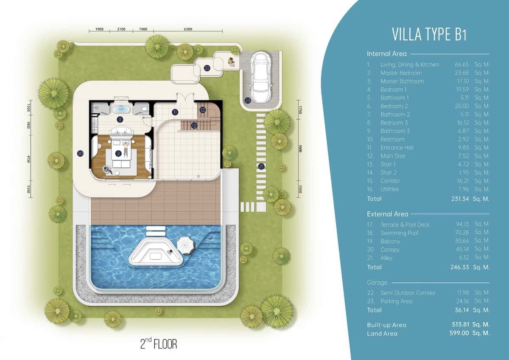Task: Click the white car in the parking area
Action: click(x=260, y=78)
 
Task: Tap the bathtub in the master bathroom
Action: click(x=120, y=109)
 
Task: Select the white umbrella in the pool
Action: click(x=186, y=245)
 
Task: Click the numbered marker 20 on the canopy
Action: click(x=80, y=154)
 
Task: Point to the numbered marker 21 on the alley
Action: click(x=262, y=166)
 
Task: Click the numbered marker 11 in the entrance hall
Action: click(x=175, y=112)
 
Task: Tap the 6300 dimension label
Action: click(x=188, y=29)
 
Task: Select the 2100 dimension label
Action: click(x=121, y=29)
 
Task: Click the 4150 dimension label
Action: click(x=28, y=159)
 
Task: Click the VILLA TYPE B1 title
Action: click(x=429, y=34)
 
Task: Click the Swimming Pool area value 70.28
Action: click(x=462, y=232)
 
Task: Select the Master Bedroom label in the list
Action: click(x=401, y=73)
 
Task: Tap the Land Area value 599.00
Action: click(x=459, y=333)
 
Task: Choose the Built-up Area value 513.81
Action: click(x=460, y=324)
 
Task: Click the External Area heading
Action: click(x=387, y=214)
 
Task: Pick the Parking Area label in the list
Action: click(x=396, y=301)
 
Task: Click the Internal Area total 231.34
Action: click(x=460, y=199)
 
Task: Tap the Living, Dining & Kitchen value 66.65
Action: click(x=462, y=65)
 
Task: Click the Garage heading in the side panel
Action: click(x=377, y=283)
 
